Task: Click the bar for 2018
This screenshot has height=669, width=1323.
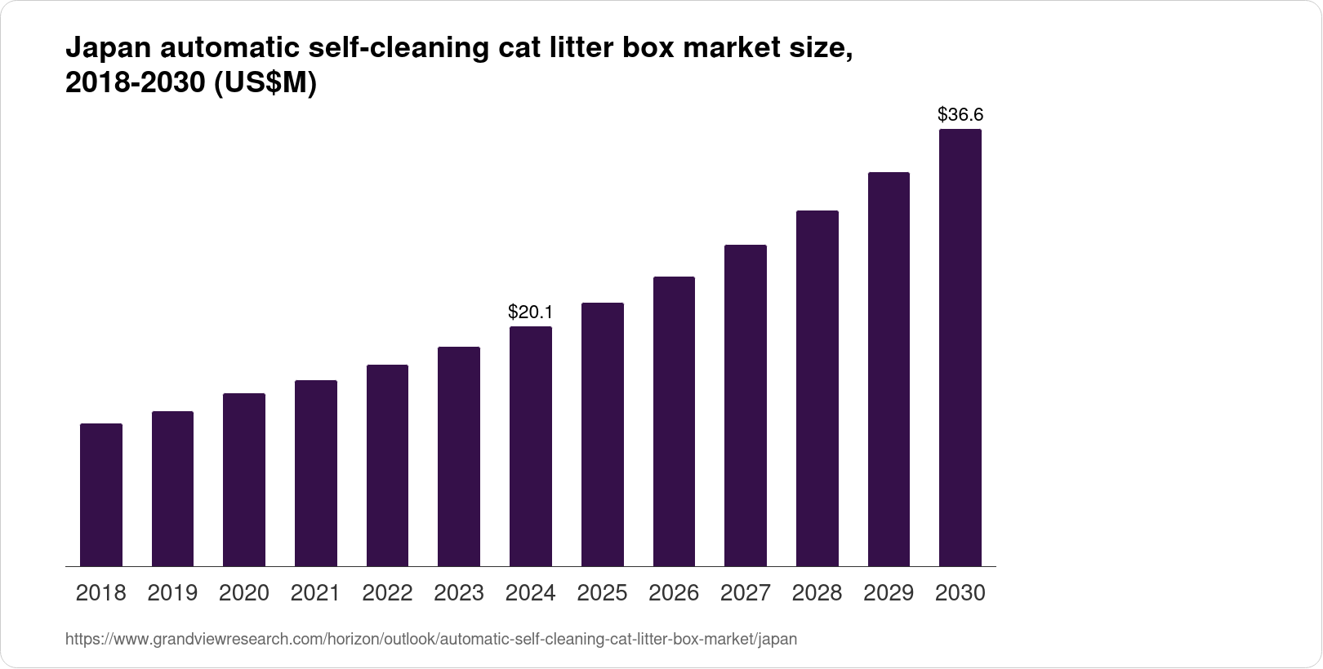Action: (101, 494)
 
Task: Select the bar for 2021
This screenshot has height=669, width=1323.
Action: (316, 473)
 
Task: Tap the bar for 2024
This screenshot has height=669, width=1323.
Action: (531, 446)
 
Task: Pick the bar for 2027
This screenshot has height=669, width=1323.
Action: (746, 405)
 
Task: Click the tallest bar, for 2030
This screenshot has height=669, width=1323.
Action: (960, 348)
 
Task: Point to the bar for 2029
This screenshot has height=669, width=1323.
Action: (889, 369)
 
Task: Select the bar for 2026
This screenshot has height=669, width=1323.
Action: (674, 421)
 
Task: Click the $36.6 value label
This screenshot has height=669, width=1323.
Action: (960, 114)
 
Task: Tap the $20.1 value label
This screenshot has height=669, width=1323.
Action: (531, 312)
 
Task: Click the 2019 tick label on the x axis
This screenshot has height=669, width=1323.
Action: (172, 593)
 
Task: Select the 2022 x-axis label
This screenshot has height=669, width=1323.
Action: (387, 593)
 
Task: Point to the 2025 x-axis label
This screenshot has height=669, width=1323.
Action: (602, 593)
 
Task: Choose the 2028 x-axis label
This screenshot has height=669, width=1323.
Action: (817, 593)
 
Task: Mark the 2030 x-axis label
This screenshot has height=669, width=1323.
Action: (960, 593)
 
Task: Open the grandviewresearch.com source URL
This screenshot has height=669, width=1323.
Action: (431, 640)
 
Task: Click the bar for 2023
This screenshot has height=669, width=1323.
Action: (459, 456)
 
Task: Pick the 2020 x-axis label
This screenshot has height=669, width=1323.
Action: (244, 593)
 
